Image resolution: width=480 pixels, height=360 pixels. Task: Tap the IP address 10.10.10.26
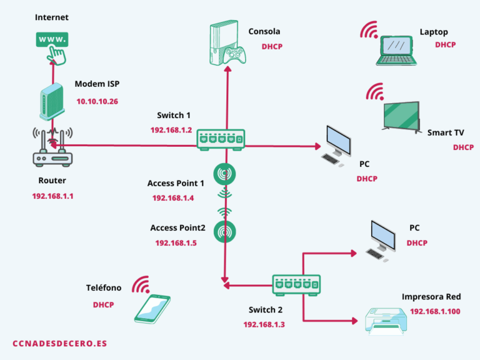pos(97,101)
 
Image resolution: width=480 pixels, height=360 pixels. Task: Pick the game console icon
pos(225,44)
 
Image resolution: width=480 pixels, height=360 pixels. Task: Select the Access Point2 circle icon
pos(225,231)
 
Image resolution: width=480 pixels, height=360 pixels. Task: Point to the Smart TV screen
pos(401,116)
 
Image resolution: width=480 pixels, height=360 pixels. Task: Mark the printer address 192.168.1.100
pos(435,311)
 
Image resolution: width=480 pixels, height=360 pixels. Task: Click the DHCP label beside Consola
pos(272,46)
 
